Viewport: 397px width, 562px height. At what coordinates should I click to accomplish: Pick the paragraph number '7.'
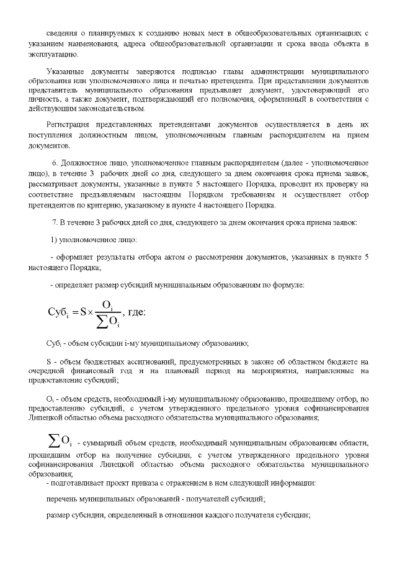[x=55, y=222]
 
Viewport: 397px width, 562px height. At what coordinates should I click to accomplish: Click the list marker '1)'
[x=54, y=239]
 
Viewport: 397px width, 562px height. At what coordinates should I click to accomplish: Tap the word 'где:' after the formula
[x=136, y=312]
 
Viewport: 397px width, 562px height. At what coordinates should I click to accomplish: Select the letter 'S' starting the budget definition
[x=48, y=361]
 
